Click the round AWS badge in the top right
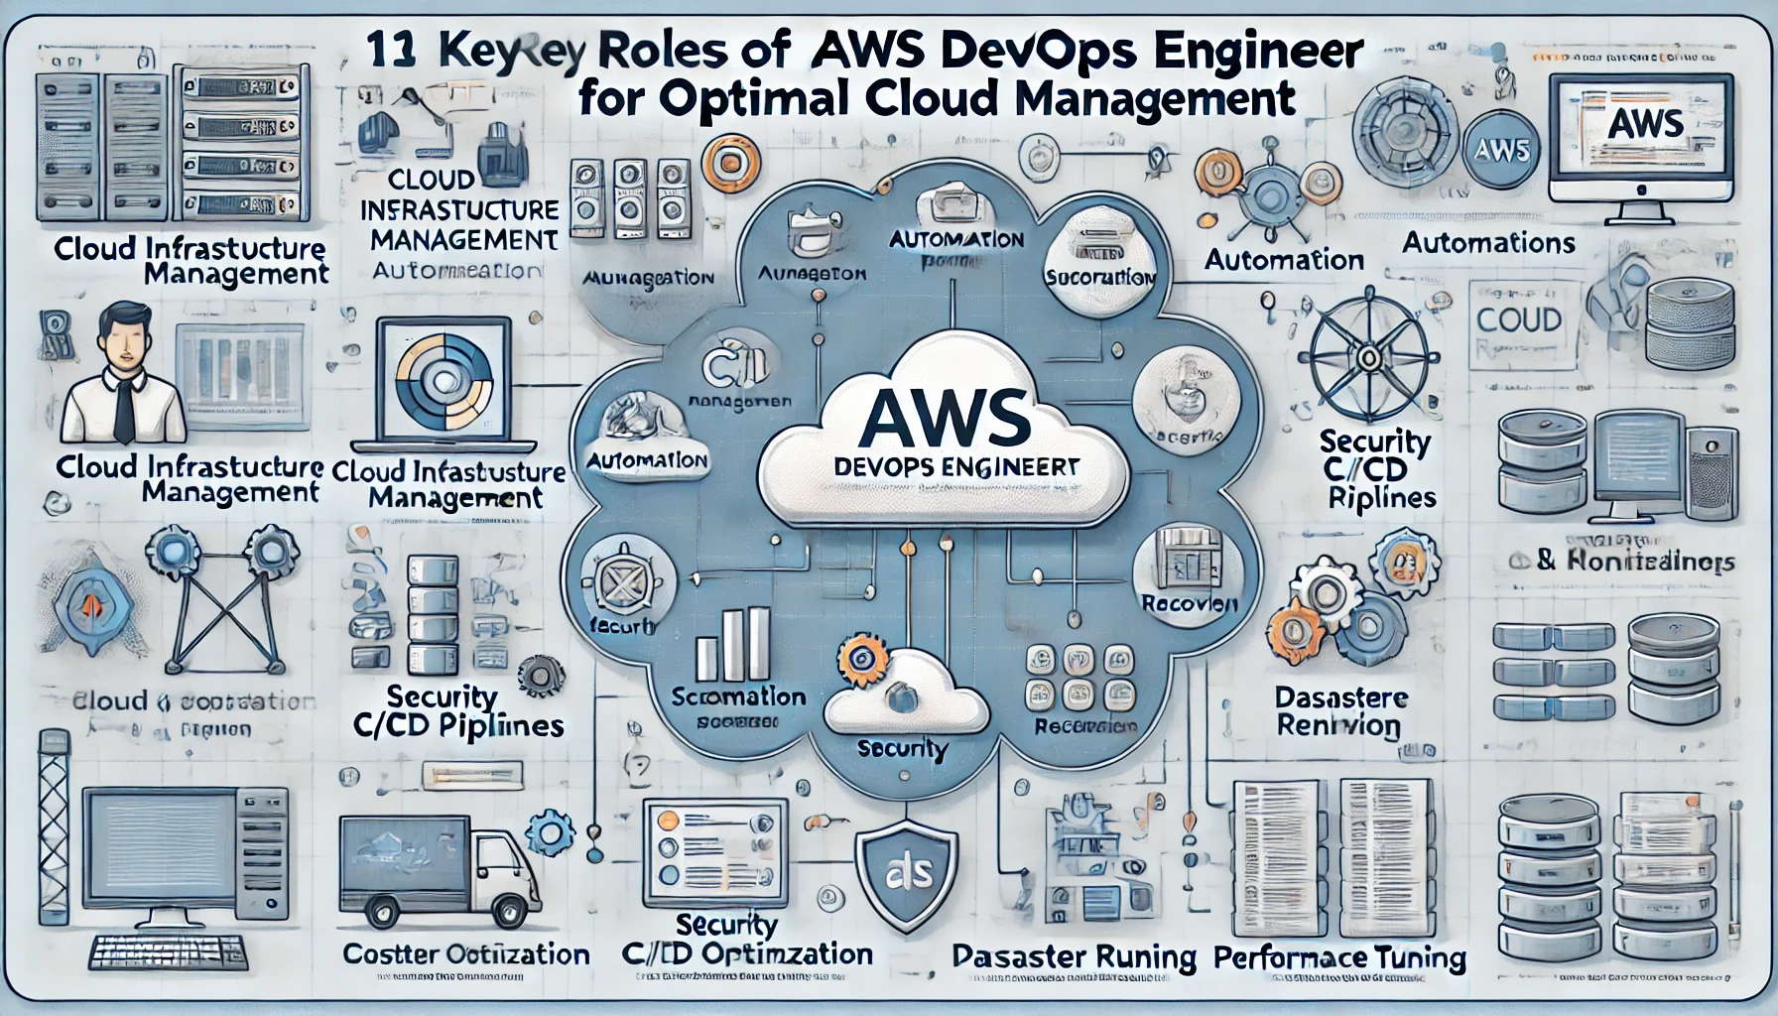tap(1502, 151)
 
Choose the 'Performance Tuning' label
tap(1339, 957)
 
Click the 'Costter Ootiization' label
tap(465, 954)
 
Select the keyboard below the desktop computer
tap(166, 952)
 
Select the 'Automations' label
tap(1488, 243)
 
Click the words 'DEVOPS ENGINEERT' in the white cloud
tap(943, 466)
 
